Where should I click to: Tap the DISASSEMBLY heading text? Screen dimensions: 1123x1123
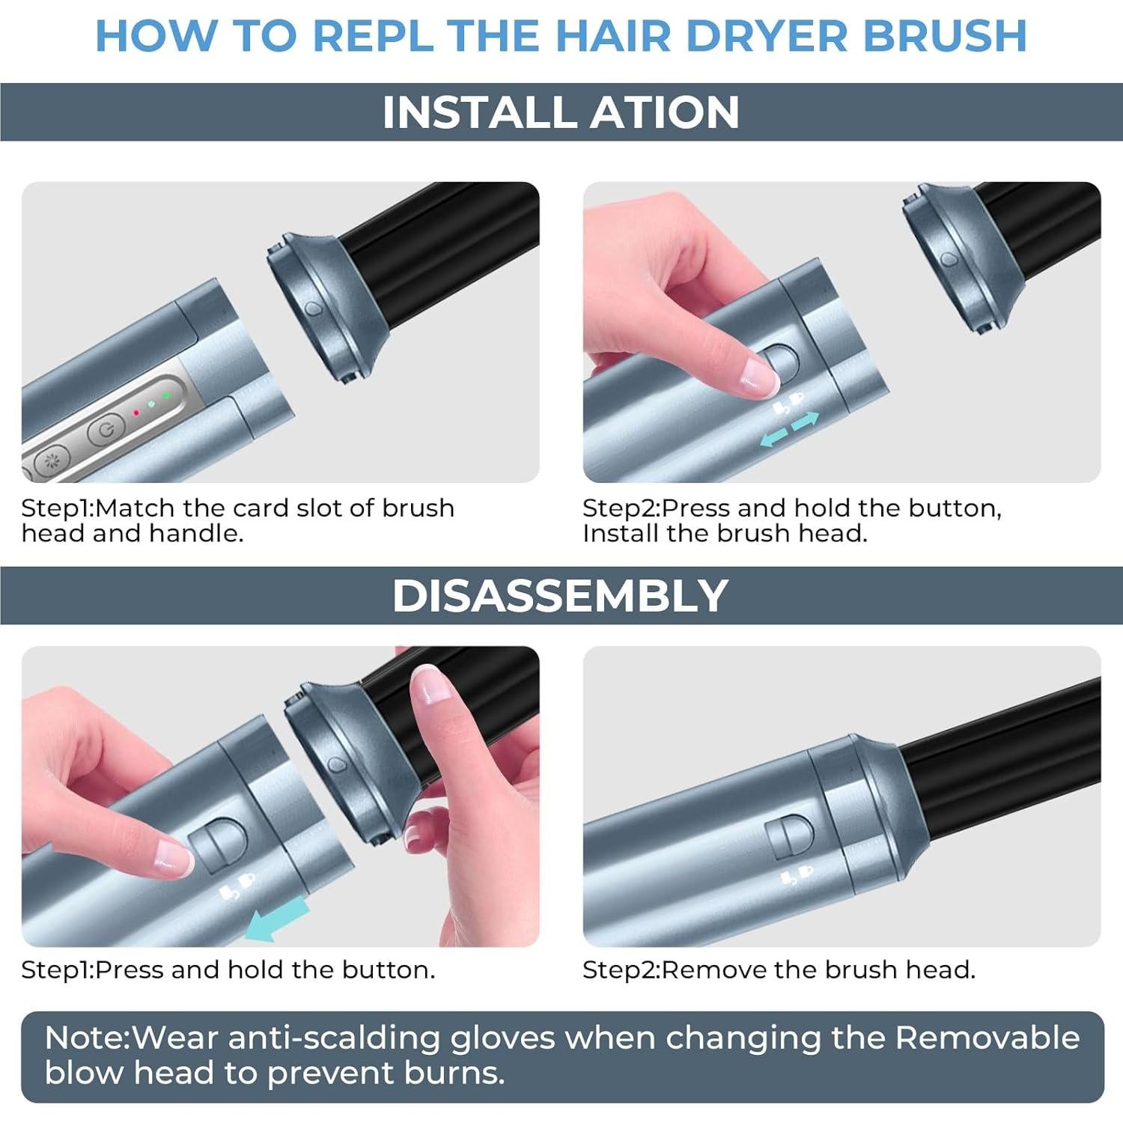(x=560, y=595)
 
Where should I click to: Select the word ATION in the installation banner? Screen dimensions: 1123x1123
(x=665, y=112)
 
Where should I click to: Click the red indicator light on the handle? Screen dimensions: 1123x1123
(x=136, y=413)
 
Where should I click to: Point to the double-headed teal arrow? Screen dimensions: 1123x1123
(x=790, y=430)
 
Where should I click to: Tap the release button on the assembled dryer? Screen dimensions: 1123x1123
(x=788, y=837)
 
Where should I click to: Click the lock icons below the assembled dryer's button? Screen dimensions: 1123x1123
(x=797, y=875)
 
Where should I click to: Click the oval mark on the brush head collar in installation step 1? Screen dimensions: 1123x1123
(x=312, y=308)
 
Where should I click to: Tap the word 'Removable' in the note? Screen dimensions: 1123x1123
(x=987, y=1038)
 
